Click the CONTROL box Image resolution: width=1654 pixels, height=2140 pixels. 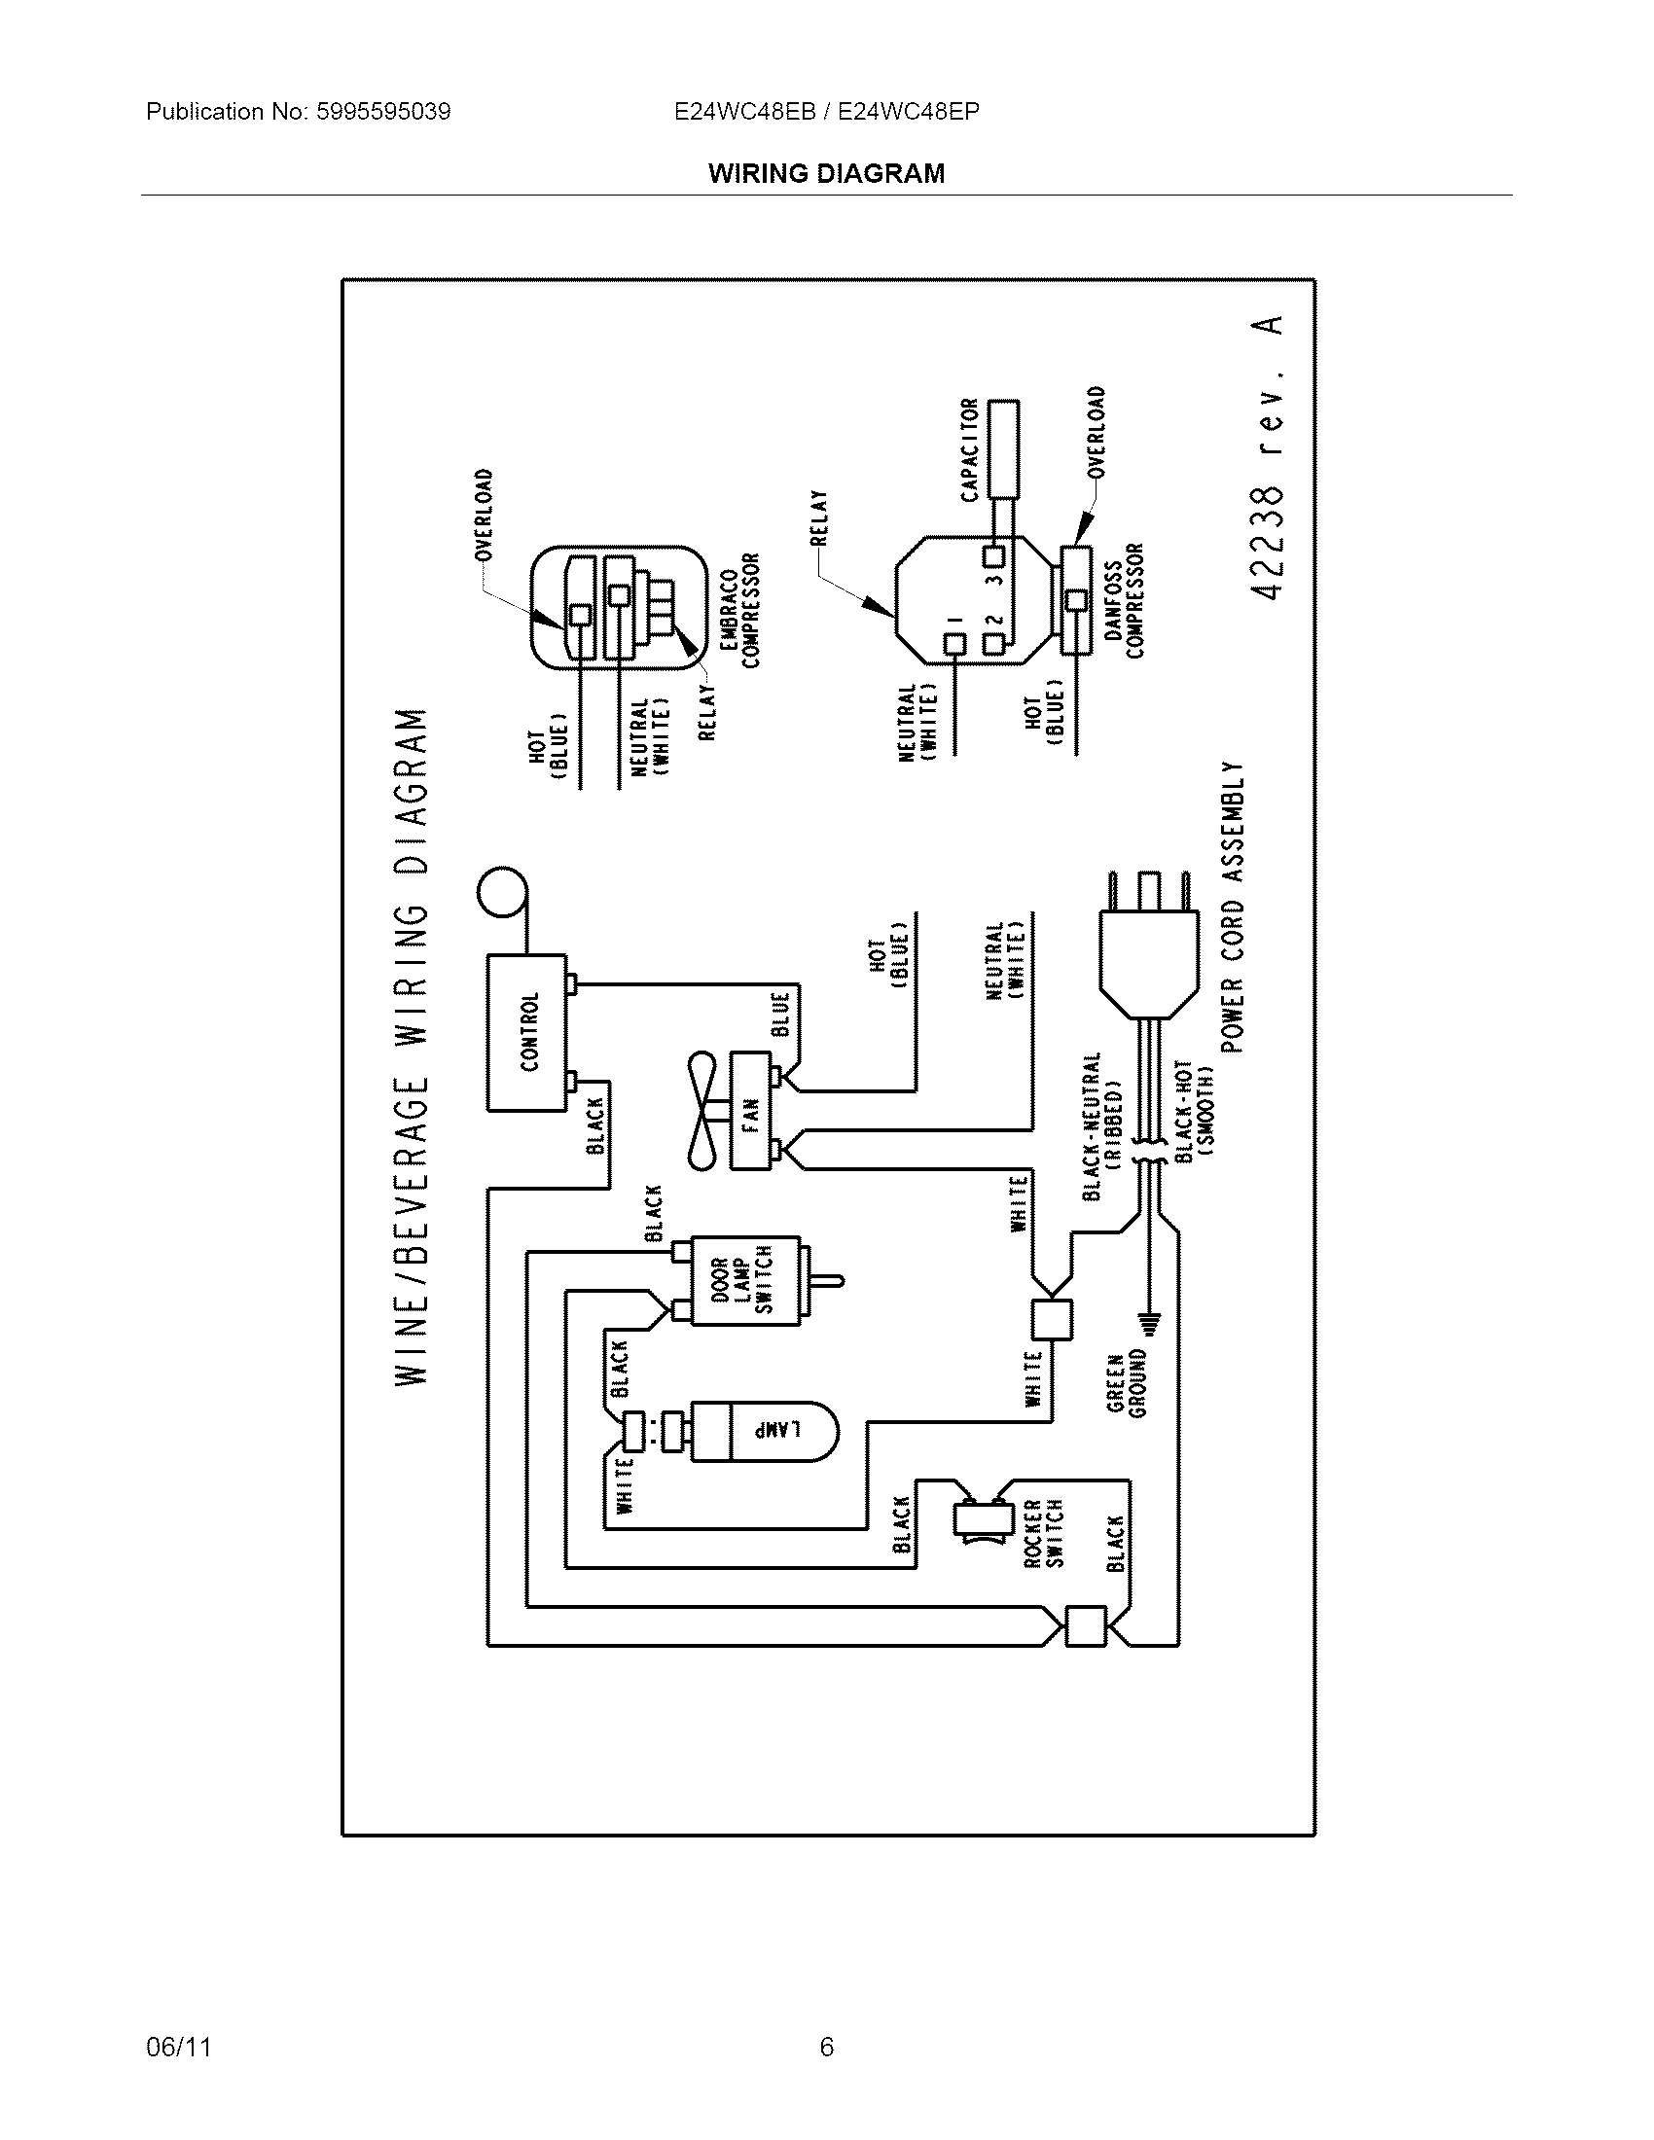(x=527, y=1033)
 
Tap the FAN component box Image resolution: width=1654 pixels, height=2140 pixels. (x=750, y=1112)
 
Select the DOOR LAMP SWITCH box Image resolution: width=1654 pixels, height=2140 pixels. (x=744, y=1282)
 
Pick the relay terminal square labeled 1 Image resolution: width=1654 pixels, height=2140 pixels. (x=953, y=644)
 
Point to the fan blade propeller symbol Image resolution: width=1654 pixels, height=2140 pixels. (x=702, y=1112)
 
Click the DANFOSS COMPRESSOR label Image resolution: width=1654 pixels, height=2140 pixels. (x=1124, y=600)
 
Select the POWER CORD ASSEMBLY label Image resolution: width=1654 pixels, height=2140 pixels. (x=1233, y=907)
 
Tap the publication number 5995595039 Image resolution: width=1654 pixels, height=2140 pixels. (x=383, y=112)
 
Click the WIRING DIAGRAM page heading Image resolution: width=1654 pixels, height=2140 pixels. (x=826, y=173)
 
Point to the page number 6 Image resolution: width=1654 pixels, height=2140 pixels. (x=826, y=2047)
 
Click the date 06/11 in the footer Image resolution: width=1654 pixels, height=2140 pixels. (x=178, y=2047)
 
